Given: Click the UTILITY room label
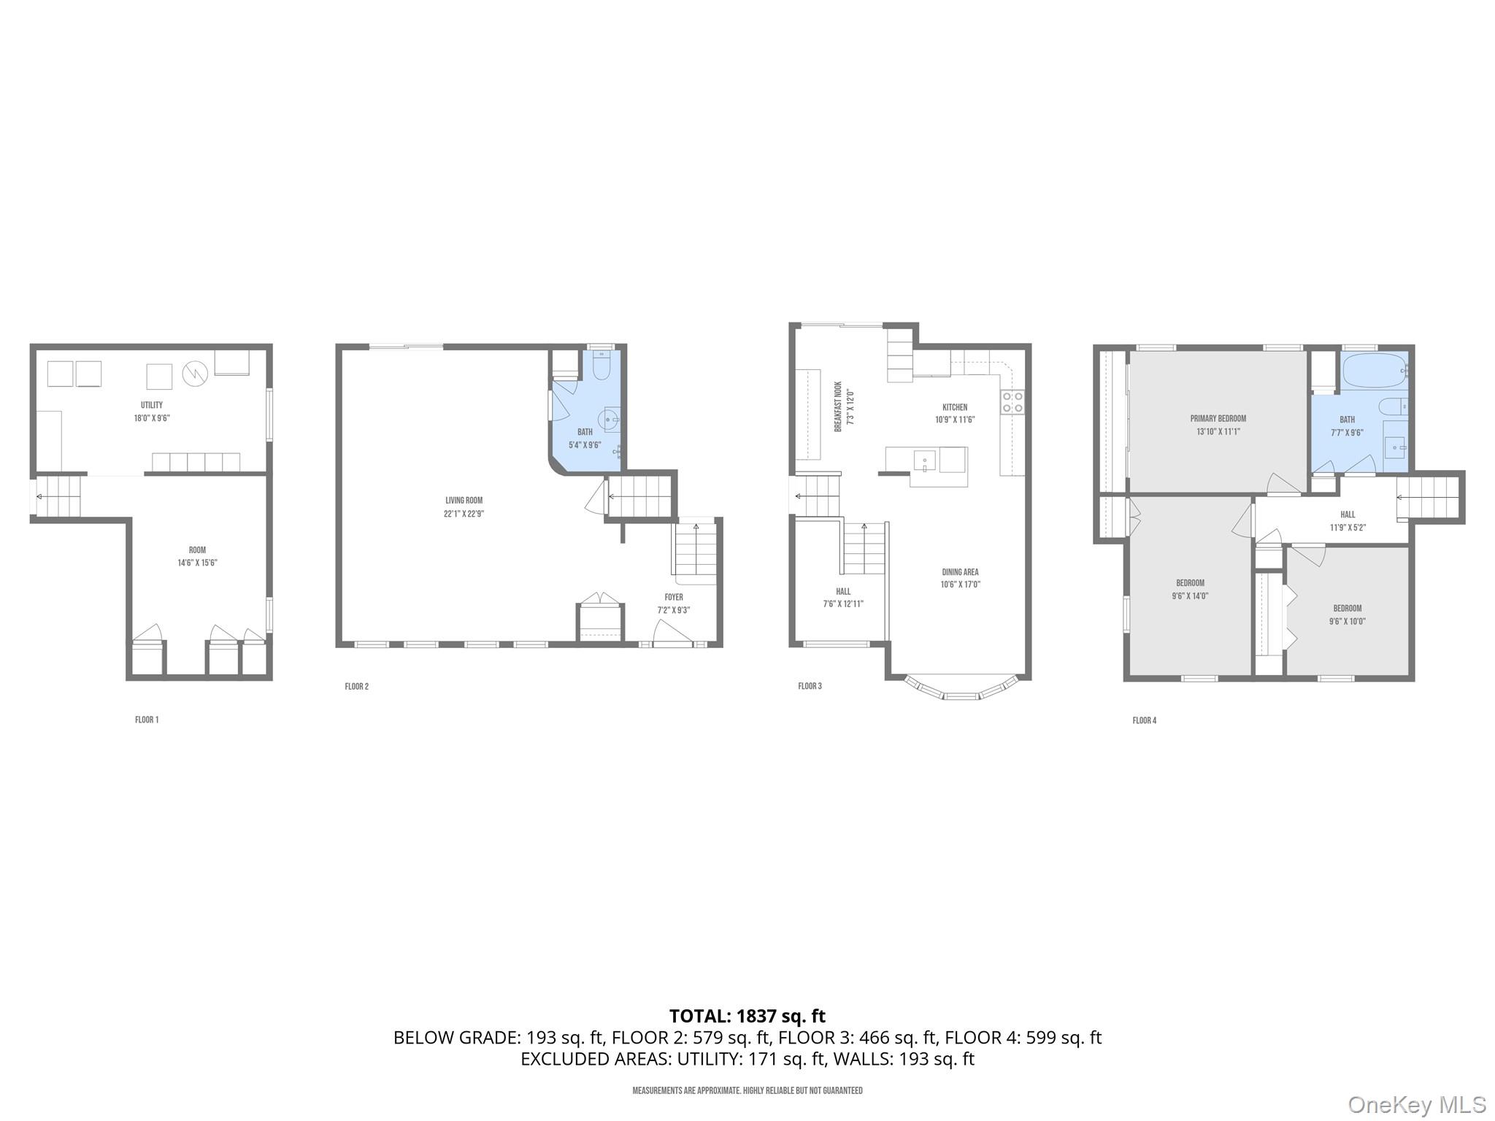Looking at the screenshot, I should pos(152,405).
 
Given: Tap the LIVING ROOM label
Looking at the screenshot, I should pos(464,501).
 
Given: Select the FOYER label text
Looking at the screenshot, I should pos(674,597).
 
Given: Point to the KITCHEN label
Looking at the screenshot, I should pos(955,407).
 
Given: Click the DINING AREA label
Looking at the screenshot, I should pos(960,572).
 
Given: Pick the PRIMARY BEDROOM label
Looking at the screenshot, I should pos(1218,419).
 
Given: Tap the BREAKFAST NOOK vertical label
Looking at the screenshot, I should pos(839,407).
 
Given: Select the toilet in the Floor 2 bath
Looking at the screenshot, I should pos(602,366).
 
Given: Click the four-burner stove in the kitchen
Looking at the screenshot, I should pos(1012,402).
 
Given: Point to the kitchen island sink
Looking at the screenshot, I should pos(924,460).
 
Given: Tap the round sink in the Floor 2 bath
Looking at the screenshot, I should pos(609,420).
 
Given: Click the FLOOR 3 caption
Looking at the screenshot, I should pos(810,686).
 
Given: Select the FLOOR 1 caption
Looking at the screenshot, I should pos(147,720).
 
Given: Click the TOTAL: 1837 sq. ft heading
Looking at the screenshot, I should pos(747,1016).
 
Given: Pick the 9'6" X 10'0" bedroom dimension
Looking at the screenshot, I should pos(1347,622).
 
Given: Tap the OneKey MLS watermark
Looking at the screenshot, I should pos(1416,1104).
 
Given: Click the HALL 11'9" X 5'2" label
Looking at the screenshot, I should pos(1348,521).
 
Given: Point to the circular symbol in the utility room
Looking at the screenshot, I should pos(196,374).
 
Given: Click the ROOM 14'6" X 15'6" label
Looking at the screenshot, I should pos(197,556).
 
